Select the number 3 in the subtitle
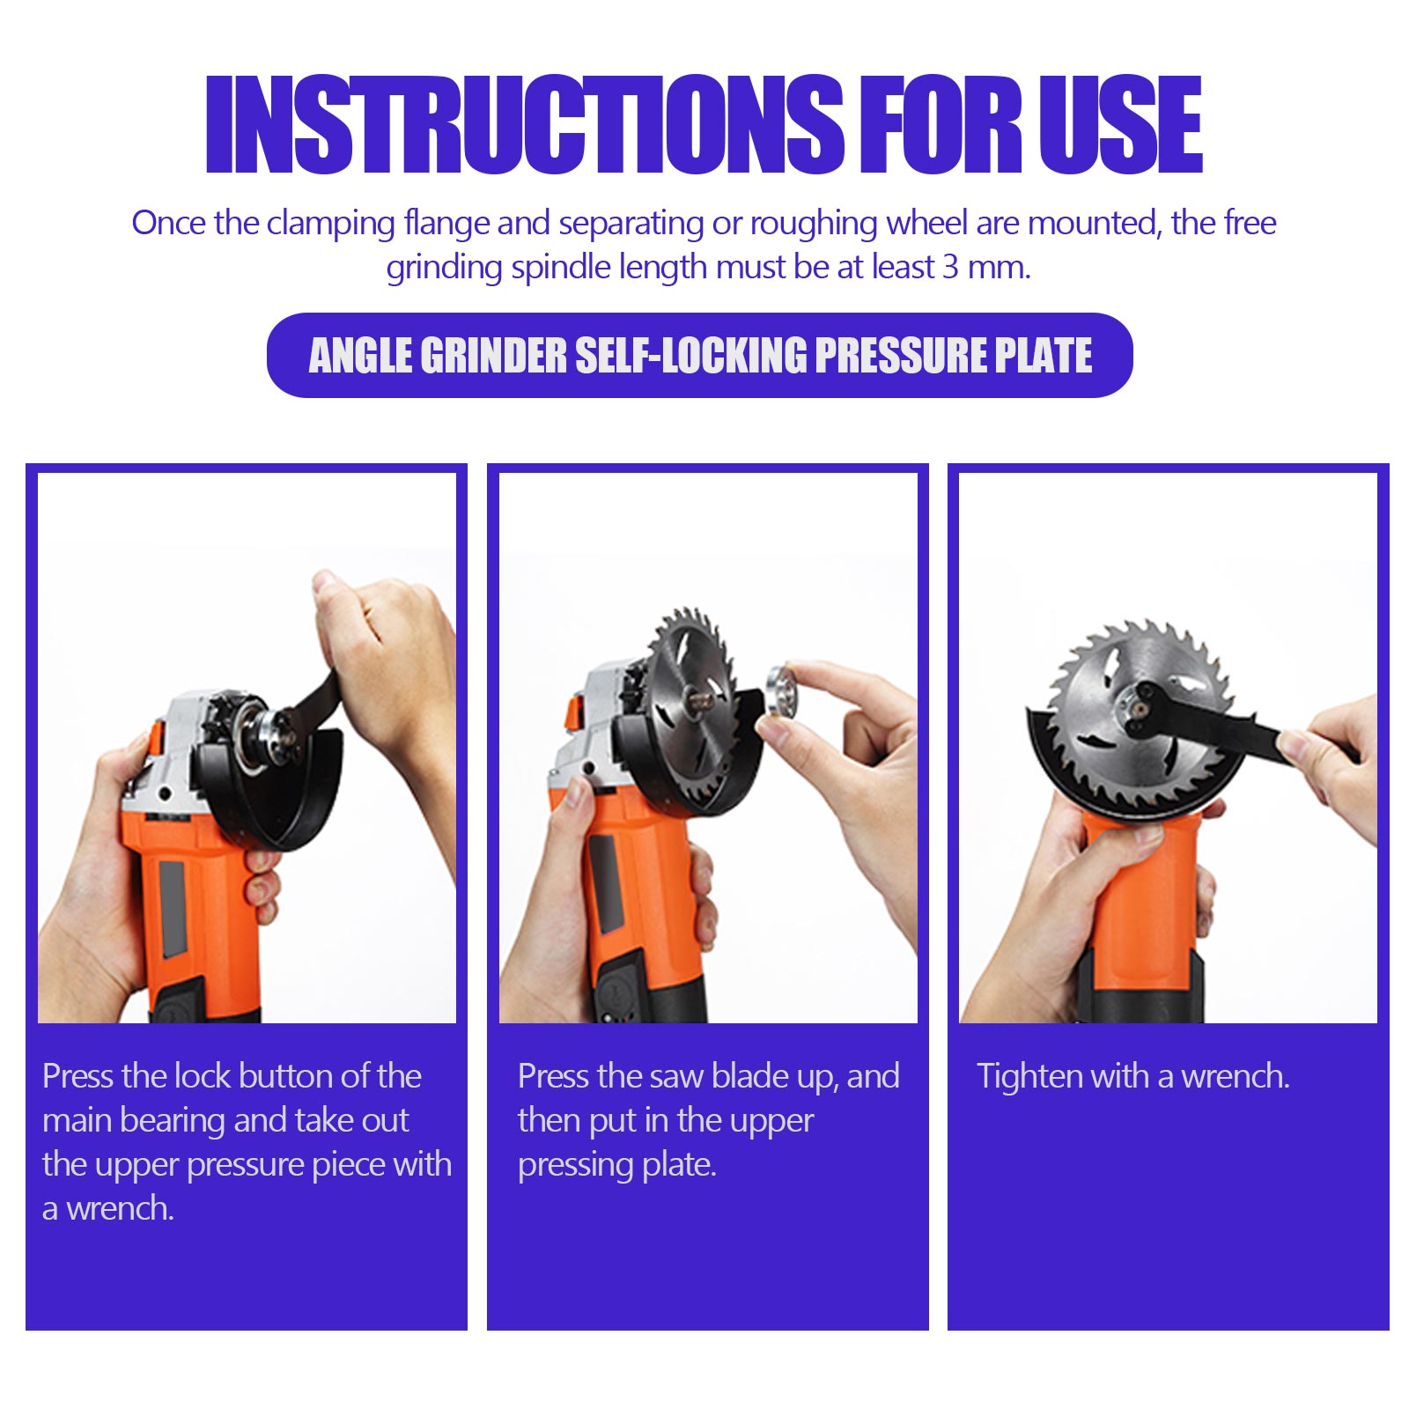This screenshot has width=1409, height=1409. coord(950,267)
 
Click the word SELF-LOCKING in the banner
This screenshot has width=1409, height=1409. coord(691,355)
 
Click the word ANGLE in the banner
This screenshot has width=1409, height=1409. coord(360,355)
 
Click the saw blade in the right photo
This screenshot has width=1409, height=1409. coord(1136,713)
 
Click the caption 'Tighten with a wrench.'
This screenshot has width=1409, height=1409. coord(1133,1077)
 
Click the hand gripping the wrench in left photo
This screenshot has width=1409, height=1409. coord(387,669)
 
